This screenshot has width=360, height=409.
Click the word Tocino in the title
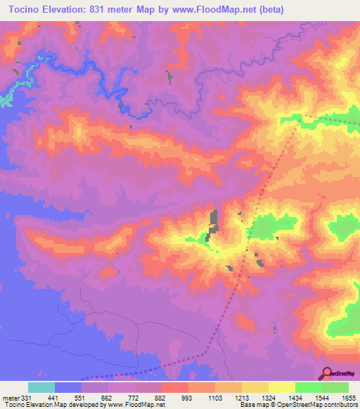(26, 9)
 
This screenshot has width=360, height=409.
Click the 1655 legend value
(348, 398)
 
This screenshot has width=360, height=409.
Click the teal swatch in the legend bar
(41, 387)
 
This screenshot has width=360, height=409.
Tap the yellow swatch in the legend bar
(281, 387)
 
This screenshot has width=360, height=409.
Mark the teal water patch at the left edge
(6, 98)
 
